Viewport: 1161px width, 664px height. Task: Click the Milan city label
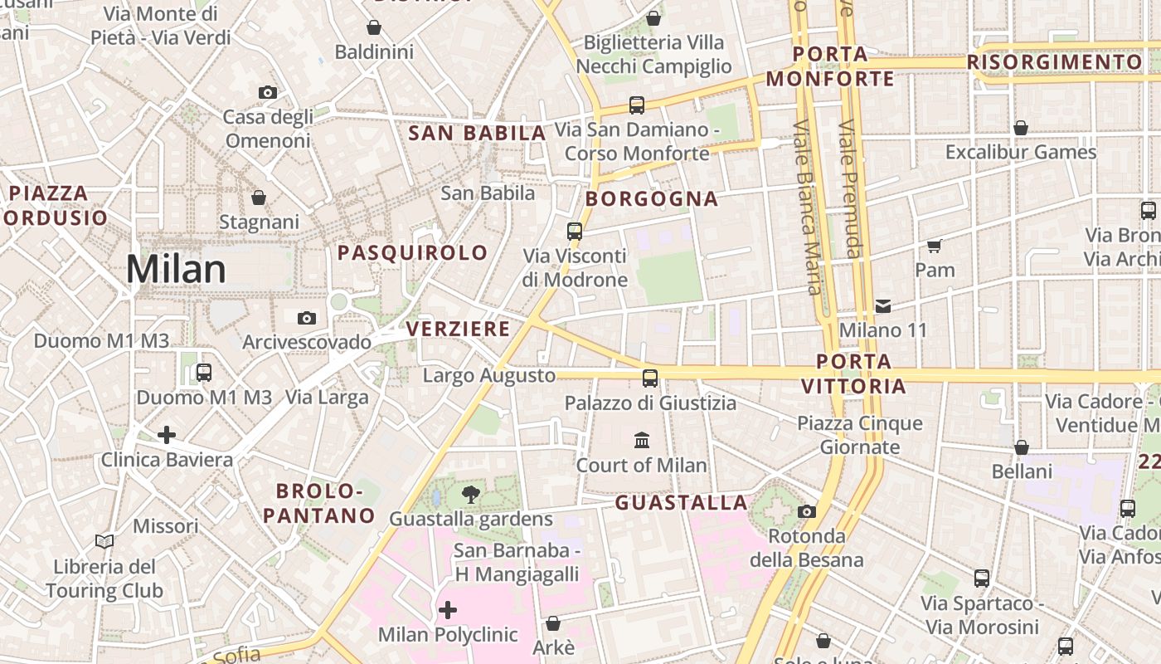(x=176, y=270)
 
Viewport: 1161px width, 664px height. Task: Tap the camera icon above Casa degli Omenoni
(x=267, y=92)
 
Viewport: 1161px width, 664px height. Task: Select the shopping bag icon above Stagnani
(x=259, y=198)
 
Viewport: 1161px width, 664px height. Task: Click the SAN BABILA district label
(x=478, y=133)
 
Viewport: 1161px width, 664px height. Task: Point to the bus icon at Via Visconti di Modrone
(x=575, y=232)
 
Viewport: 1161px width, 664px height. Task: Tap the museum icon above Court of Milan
(x=642, y=440)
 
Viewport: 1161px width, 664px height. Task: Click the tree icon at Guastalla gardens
(x=470, y=496)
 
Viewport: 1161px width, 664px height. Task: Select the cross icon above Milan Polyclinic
(x=448, y=611)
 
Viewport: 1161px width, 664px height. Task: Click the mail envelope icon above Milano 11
(x=883, y=306)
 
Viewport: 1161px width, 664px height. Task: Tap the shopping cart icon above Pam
(x=935, y=246)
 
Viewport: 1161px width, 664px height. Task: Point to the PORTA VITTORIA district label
(x=853, y=373)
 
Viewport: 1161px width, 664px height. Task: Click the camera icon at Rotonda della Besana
(x=807, y=511)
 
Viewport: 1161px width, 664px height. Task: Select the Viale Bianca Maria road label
(x=806, y=207)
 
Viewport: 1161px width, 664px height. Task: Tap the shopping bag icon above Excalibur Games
(x=1021, y=128)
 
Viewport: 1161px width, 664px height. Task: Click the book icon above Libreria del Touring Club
(x=104, y=542)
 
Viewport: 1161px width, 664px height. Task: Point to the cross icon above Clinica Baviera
(x=167, y=435)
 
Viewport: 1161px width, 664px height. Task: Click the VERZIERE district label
(x=458, y=329)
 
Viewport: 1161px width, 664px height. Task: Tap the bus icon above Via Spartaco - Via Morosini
(x=982, y=579)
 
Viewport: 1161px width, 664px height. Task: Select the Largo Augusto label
(x=489, y=375)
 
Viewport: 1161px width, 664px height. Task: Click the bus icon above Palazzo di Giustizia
(x=650, y=378)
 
